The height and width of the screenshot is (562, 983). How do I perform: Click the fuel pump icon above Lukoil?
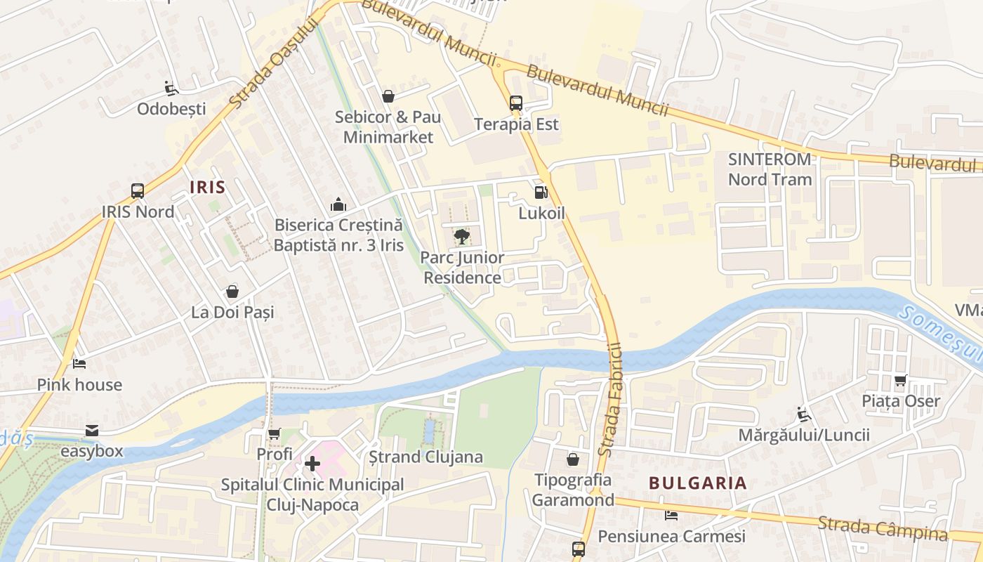541,192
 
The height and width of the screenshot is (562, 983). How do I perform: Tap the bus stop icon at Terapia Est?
516,103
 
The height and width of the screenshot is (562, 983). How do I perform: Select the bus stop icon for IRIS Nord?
138,190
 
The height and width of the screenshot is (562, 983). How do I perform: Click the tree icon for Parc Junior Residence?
461,237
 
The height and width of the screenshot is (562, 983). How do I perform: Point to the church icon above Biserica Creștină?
338,204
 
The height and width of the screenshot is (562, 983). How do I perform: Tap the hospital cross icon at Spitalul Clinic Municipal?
312,464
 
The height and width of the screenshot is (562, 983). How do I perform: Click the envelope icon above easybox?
92,431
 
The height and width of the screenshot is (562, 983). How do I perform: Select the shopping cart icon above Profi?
274,434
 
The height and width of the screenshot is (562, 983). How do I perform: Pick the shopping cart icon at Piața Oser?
901,381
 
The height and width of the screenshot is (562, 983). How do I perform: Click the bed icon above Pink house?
79,364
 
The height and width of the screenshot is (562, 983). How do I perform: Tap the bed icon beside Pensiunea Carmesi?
671,516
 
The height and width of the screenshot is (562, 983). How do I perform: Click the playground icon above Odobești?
171,89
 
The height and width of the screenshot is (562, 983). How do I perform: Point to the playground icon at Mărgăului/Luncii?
804,414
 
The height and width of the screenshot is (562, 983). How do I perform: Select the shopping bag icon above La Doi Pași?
232,292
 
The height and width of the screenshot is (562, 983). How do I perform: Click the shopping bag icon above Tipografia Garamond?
573,459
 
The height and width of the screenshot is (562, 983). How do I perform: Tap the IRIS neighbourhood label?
208,187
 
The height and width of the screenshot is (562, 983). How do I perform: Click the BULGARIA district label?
697,483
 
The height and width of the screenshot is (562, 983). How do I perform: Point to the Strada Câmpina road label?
882,528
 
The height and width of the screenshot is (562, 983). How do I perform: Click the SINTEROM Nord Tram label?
770,169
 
